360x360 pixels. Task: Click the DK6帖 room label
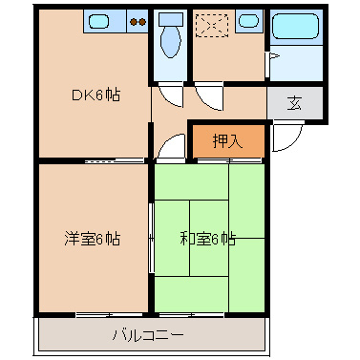point(95,95)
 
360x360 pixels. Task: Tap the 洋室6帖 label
point(93,239)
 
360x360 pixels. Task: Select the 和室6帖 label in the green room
point(209,239)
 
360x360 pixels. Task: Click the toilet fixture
point(171,42)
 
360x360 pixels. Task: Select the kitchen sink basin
point(98,19)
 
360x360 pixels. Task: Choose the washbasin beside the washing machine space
point(247,19)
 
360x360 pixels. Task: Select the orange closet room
point(226,141)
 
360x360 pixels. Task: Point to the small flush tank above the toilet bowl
point(171,19)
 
